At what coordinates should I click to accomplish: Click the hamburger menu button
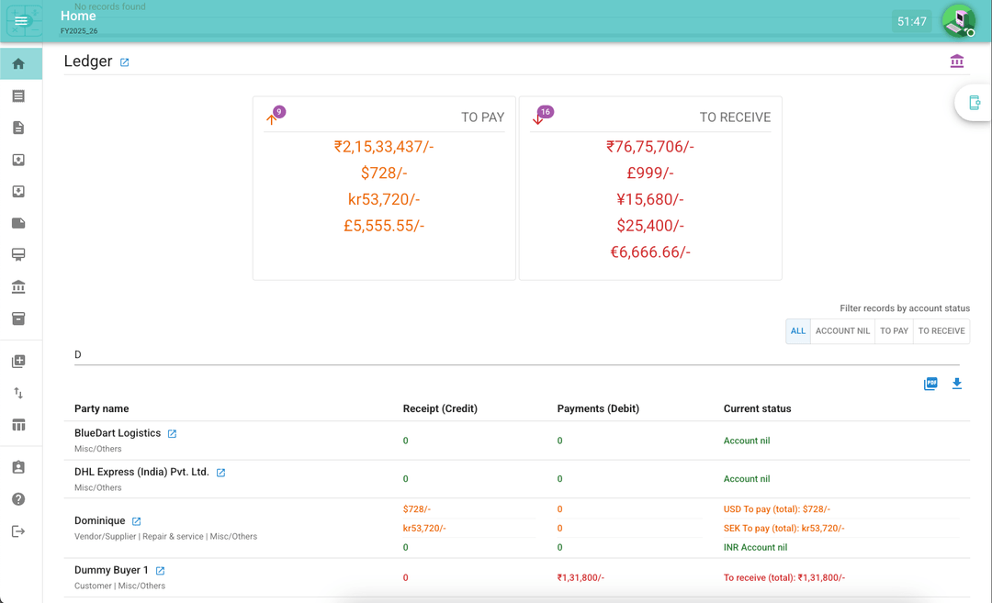pyautogui.click(x=21, y=21)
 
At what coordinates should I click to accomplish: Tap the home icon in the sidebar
pyautogui.click(x=18, y=64)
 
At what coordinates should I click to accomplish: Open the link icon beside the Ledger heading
pyautogui.click(x=125, y=62)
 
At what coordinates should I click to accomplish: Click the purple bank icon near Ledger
pyautogui.click(x=957, y=61)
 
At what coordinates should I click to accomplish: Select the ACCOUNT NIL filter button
pyautogui.click(x=842, y=331)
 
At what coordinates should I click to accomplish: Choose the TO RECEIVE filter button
pyautogui.click(x=941, y=331)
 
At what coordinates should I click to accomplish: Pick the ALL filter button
pyautogui.click(x=798, y=331)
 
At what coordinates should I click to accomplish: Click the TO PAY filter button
pyautogui.click(x=894, y=331)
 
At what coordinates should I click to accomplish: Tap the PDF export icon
pyautogui.click(x=930, y=384)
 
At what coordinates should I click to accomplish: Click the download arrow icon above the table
pyautogui.click(x=957, y=384)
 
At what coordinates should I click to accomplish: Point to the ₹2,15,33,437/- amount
pyautogui.click(x=384, y=147)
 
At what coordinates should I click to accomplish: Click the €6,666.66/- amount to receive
pyautogui.click(x=650, y=252)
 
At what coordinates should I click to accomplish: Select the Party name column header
pyautogui.click(x=102, y=408)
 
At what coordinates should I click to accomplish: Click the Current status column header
pyautogui.click(x=757, y=408)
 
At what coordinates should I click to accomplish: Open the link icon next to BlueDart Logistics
pyautogui.click(x=172, y=434)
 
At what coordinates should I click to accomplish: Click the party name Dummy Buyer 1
pyautogui.click(x=111, y=570)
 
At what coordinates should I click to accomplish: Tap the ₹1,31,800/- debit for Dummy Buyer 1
pyautogui.click(x=581, y=578)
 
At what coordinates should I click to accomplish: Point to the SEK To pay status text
pyautogui.click(x=783, y=529)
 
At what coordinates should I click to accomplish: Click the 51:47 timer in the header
pyautogui.click(x=911, y=21)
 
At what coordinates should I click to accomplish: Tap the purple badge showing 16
pyautogui.click(x=546, y=112)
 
